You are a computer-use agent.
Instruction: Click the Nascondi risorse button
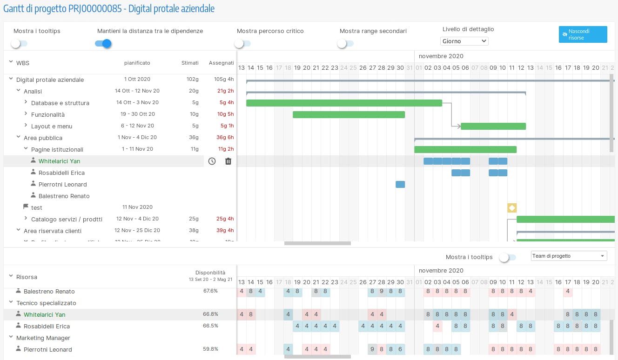click(x=583, y=34)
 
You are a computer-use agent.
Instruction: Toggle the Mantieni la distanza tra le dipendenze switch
click(x=103, y=44)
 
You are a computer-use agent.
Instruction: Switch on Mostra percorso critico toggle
click(x=242, y=44)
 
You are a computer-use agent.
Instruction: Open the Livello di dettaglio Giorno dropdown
click(x=464, y=41)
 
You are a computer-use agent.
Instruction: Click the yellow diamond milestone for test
click(x=512, y=208)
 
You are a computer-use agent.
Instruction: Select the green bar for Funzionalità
click(x=349, y=114)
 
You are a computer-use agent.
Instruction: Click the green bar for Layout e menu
click(x=493, y=126)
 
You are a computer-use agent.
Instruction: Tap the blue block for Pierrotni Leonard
click(x=400, y=184)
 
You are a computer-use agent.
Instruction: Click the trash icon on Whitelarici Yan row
click(x=228, y=161)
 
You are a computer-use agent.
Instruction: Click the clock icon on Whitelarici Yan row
click(x=212, y=161)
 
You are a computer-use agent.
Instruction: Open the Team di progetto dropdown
click(x=569, y=256)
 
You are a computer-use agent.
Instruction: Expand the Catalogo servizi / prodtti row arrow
click(x=26, y=219)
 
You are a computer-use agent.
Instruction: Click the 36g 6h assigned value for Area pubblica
click(x=225, y=138)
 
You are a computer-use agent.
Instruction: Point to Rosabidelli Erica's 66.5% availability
click(x=210, y=326)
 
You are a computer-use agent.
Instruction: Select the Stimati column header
click(x=190, y=63)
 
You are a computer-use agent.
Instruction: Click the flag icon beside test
click(x=26, y=207)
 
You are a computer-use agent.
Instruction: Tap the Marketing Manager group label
click(x=43, y=338)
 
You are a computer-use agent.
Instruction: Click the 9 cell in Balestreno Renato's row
click(x=382, y=292)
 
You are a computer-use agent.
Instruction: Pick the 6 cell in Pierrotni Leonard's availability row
click(x=400, y=349)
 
